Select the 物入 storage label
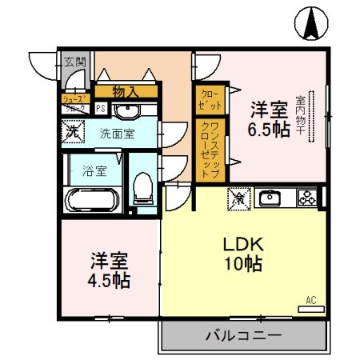(x=125, y=93)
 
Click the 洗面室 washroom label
(x=117, y=134)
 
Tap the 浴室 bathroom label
(x=94, y=170)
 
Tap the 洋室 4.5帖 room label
(x=109, y=270)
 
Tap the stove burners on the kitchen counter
(x=305, y=196)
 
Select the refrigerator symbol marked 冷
(x=238, y=196)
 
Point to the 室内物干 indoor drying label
(x=302, y=117)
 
